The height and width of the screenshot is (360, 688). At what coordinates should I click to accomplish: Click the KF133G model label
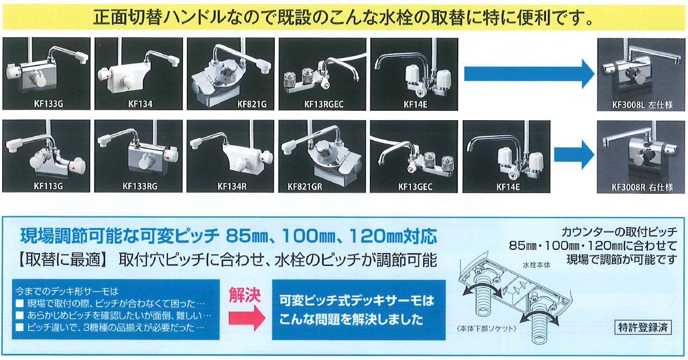click(x=48, y=104)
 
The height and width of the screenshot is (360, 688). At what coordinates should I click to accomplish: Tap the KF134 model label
click(x=140, y=104)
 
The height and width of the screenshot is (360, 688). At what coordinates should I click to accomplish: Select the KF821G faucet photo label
click(x=252, y=105)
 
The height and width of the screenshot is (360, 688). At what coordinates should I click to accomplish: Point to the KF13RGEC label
click(x=324, y=105)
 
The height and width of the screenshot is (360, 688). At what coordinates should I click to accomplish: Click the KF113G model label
click(x=48, y=186)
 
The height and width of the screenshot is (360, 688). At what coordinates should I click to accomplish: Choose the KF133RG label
click(x=140, y=186)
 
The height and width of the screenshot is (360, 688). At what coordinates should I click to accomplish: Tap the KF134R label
click(x=232, y=186)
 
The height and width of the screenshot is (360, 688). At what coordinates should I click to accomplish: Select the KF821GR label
click(x=305, y=186)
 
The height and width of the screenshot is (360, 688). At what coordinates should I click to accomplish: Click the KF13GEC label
click(x=415, y=186)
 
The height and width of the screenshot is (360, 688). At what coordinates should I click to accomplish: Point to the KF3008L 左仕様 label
click(x=642, y=105)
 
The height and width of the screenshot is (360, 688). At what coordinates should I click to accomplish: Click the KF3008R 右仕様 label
click(x=642, y=187)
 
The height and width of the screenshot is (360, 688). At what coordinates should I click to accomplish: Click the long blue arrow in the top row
click(x=529, y=74)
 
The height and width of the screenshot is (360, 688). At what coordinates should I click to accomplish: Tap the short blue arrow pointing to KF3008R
click(x=574, y=155)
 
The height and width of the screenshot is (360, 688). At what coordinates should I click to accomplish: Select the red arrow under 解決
click(x=247, y=318)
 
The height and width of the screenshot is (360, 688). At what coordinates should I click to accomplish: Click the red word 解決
click(x=245, y=295)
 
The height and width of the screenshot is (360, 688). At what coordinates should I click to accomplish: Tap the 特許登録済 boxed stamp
click(x=643, y=327)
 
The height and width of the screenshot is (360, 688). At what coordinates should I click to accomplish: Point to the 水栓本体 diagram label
click(x=536, y=265)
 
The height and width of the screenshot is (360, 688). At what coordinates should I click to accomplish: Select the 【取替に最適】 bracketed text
click(x=61, y=260)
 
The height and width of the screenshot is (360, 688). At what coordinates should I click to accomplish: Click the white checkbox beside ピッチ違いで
click(x=19, y=327)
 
